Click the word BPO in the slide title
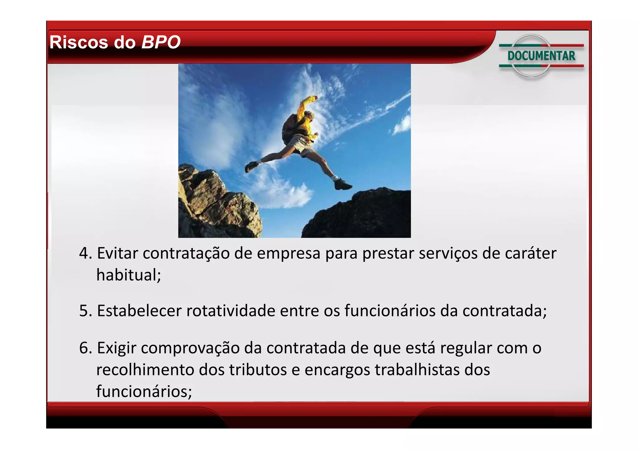(x=161, y=42)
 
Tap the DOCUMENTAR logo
(x=541, y=56)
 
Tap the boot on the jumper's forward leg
(x=342, y=185)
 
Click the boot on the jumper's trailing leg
(x=251, y=166)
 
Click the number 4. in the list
(x=85, y=253)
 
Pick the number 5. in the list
(x=85, y=311)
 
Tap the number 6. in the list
(x=85, y=348)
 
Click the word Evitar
(x=117, y=253)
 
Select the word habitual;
(x=129, y=275)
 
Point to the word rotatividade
(x=231, y=311)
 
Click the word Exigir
(x=117, y=348)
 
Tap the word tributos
(x=258, y=370)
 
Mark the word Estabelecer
(x=139, y=311)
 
